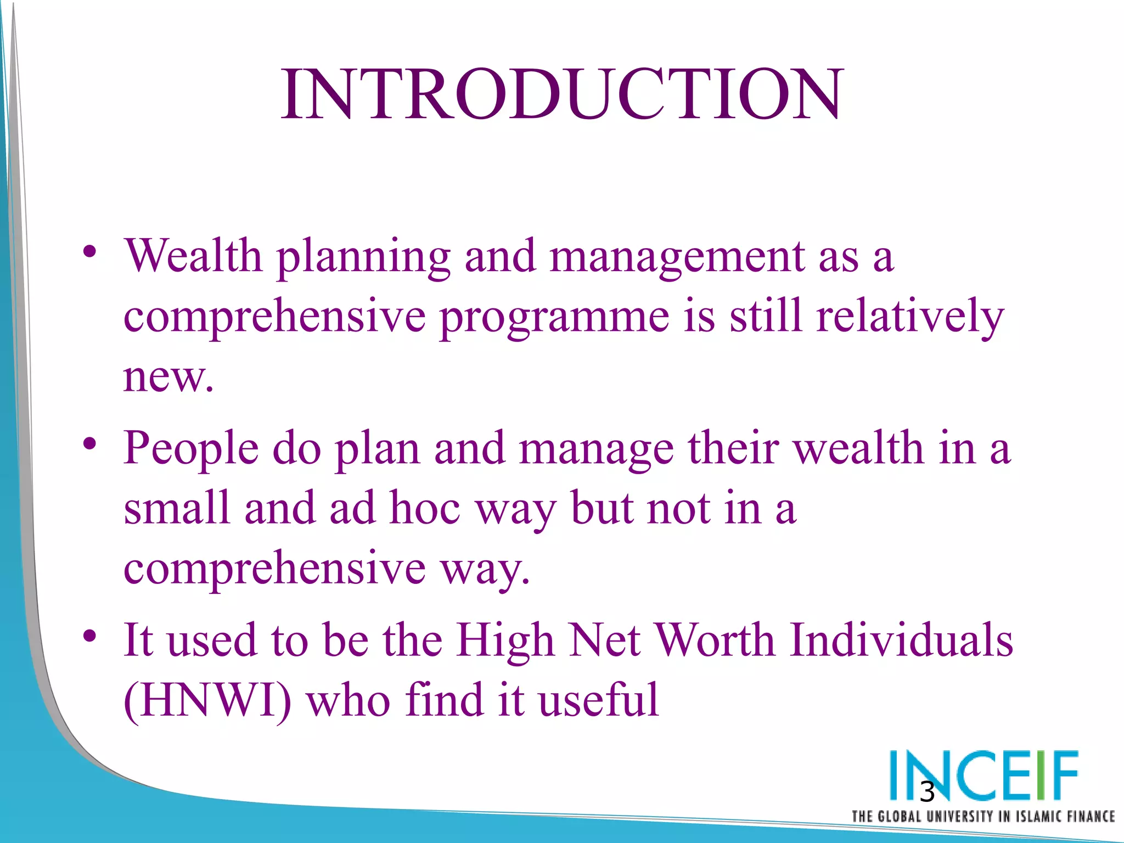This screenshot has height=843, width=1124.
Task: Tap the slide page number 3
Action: [927, 792]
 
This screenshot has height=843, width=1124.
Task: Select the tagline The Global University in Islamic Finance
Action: [982, 817]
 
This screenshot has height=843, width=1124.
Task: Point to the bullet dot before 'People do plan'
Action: [91, 443]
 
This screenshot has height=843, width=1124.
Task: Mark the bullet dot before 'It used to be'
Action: [91, 637]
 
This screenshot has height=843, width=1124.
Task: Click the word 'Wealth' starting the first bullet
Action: [193, 256]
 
